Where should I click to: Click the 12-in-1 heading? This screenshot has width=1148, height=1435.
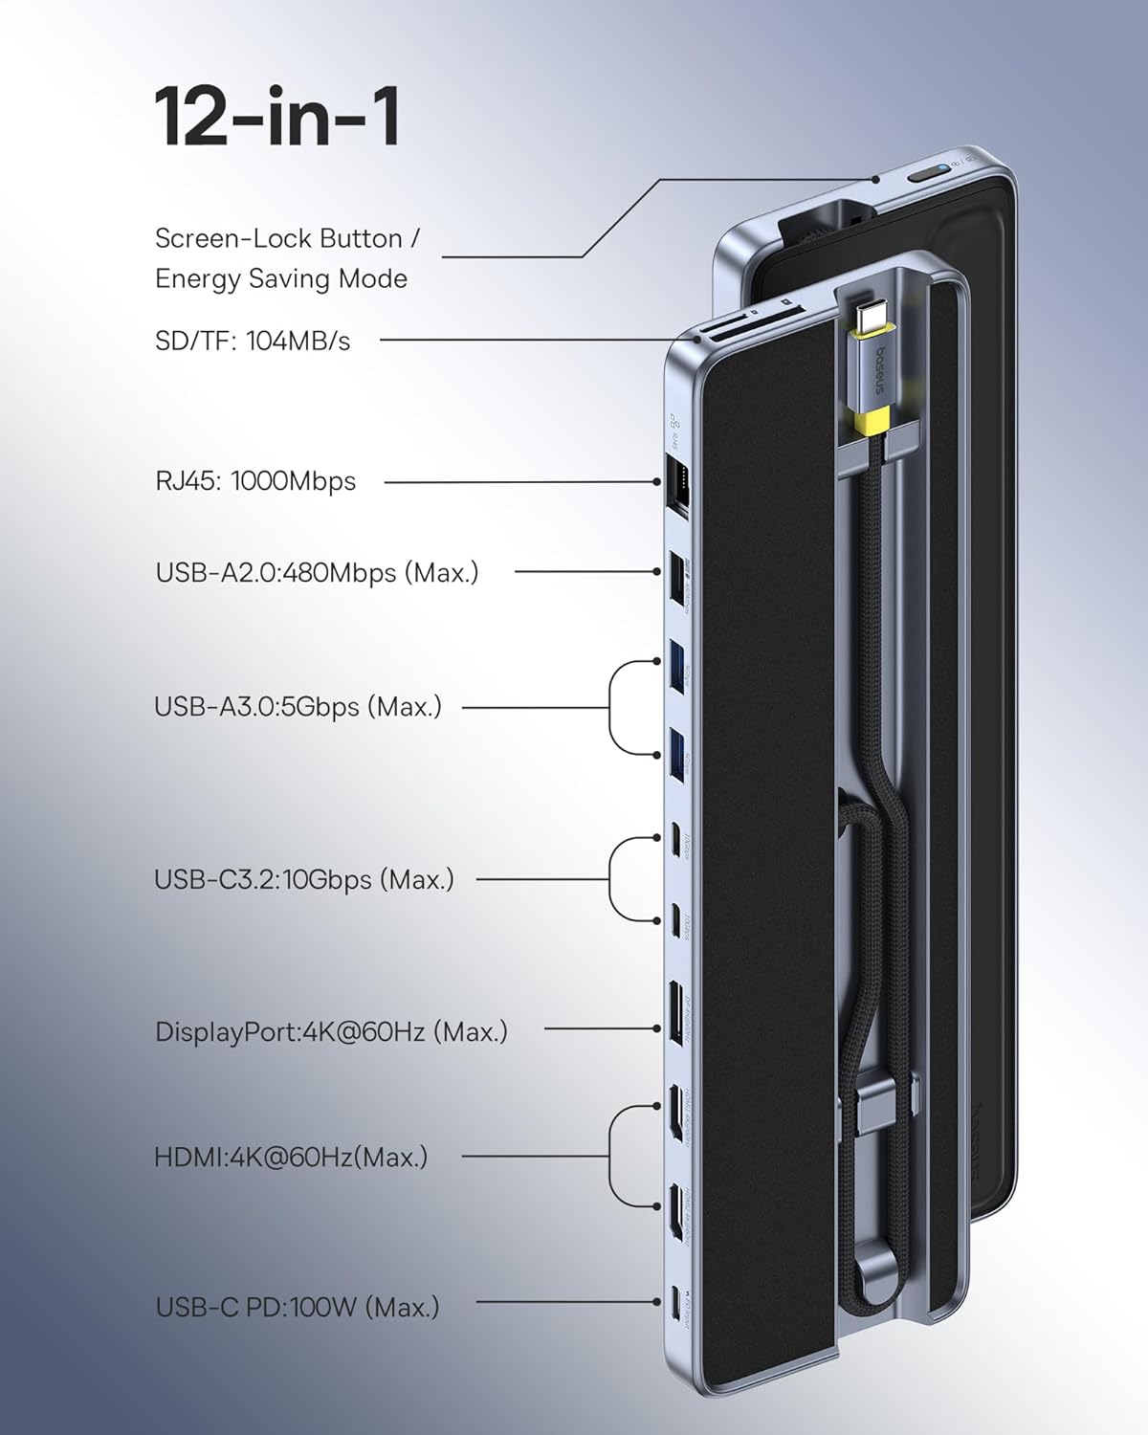277,117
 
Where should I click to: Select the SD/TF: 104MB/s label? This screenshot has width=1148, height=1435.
253,340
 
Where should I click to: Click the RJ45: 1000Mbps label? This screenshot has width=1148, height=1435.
255,480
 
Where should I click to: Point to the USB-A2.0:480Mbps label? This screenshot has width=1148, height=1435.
317,573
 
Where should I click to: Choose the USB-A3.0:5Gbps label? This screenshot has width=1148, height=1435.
298,707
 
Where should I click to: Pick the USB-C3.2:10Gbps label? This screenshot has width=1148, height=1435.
304,879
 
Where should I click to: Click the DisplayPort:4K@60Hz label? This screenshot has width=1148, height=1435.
331,1032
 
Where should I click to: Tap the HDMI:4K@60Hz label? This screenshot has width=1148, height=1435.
291,1157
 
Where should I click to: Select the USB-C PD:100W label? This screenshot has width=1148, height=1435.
298,1307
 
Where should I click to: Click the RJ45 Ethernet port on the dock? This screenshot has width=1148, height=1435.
674,480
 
